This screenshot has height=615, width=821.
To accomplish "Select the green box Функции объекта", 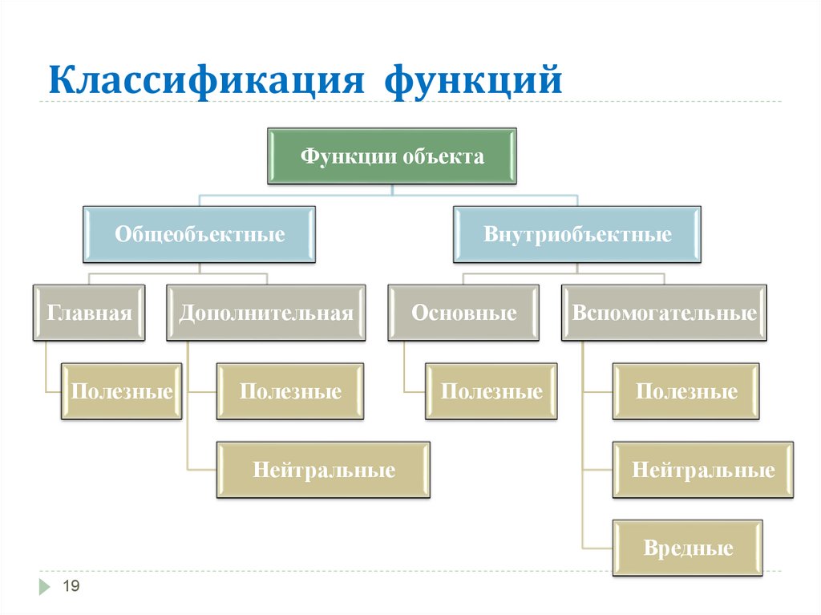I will (x=392, y=156).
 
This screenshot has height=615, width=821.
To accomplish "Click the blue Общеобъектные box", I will (x=200, y=235).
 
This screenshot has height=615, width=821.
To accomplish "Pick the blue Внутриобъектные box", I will (x=577, y=235).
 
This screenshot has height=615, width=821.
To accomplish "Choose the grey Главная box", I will (x=89, y=313).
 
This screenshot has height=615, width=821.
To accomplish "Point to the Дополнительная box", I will (x=266, y=313).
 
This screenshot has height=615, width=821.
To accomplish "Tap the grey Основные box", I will (x=463, y=313).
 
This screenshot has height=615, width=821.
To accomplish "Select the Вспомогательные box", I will (x=664, y=313).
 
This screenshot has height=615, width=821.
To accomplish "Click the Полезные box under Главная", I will (x=122, y=391).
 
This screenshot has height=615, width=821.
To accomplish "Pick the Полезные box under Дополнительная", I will (x=290, y=391).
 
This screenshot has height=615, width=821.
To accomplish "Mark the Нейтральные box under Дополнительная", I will (x=324, y=470).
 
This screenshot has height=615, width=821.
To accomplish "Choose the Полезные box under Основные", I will (x=491, y=391).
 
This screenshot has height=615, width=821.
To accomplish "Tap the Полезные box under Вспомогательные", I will (x=686, y=391).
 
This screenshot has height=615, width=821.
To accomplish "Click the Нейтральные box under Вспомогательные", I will (x=703, y=470).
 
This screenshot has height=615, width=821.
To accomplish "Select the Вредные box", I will (x=688, y=548).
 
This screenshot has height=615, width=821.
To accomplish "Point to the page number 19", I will (x=71, y=588).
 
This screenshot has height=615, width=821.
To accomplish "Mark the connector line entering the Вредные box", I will (x=598, y=548).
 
